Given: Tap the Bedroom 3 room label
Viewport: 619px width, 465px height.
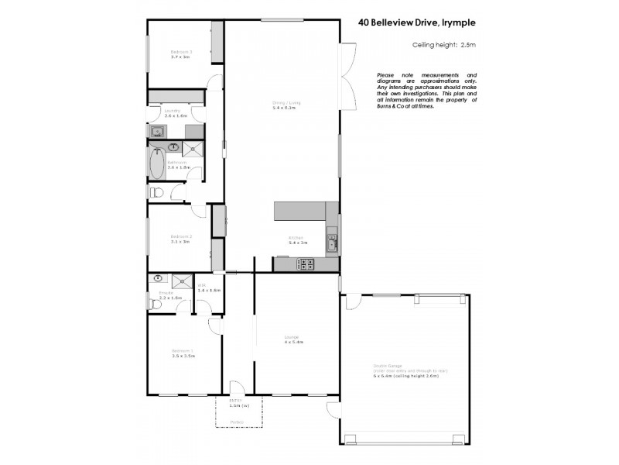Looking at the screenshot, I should tap(181, 52).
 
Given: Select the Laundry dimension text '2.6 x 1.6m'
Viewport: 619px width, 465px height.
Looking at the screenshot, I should tap(175, 115).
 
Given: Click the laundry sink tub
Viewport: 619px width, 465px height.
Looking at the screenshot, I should tap(156, 132).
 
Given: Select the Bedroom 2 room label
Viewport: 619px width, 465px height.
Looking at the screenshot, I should tap(181, 236).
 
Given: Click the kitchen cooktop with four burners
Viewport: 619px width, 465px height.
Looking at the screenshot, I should tap(306, 263).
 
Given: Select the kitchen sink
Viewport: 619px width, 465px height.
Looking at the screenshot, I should tap(331, 246).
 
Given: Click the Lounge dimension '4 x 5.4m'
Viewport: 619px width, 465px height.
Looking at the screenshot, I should tap(292, 341).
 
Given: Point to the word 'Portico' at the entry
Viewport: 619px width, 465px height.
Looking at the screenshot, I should tap(237, 422).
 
